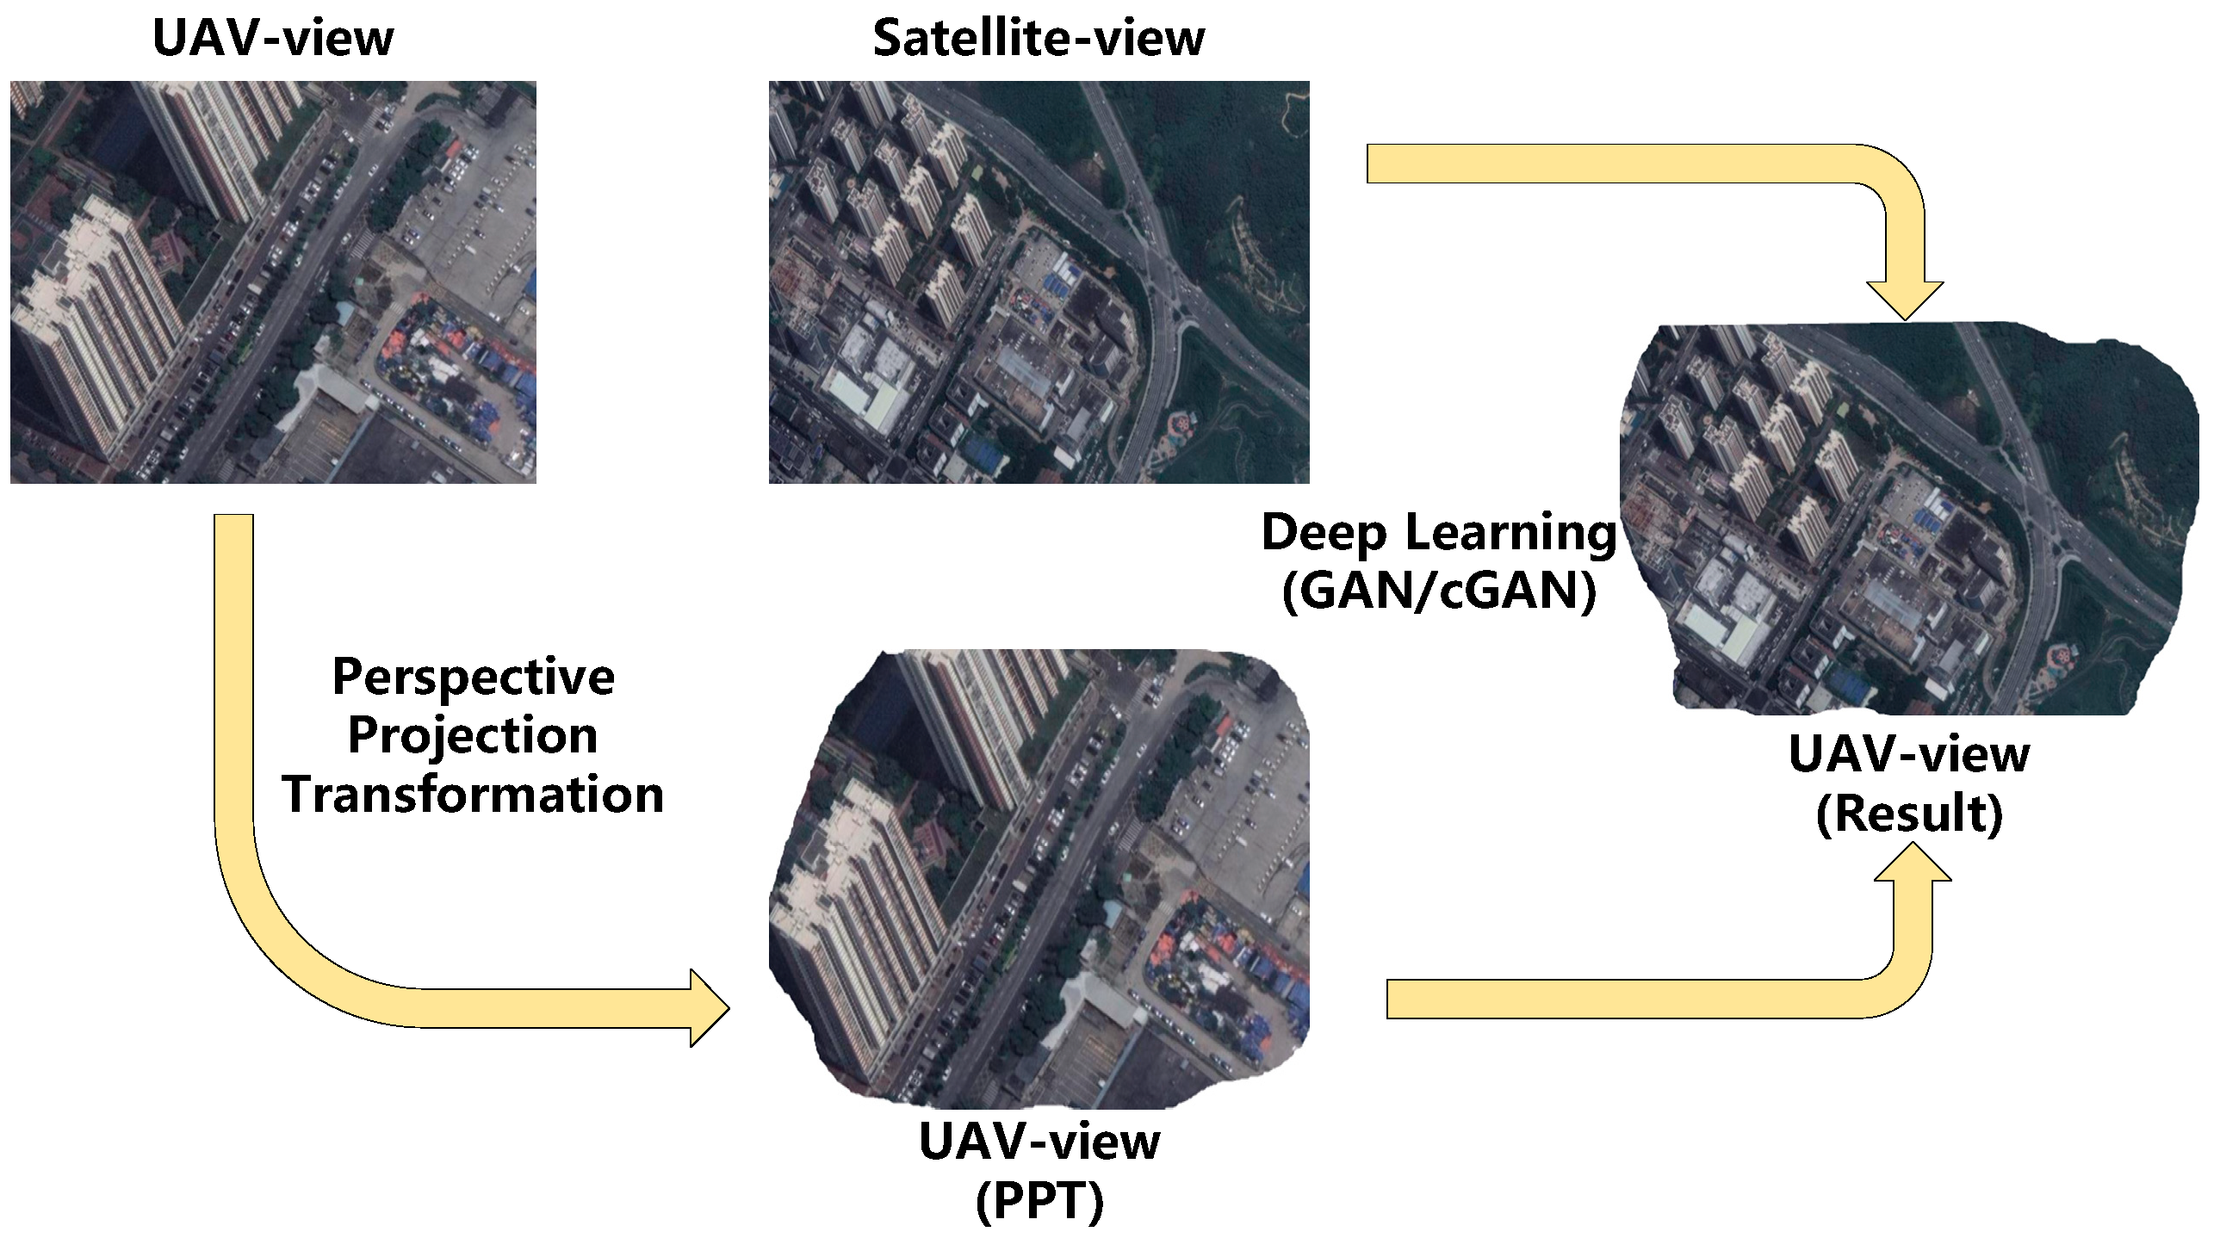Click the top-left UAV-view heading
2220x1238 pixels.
(x=272, y=39)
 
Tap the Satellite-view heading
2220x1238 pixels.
(x=1039, y=39)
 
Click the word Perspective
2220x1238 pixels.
(x=473, y=678)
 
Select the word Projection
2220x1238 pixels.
(x=473, y=736)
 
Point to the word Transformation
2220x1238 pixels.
(x=473, y=795)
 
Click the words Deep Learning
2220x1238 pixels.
(x=1438, y=532)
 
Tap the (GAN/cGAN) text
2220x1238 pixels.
(x=1438, y=591)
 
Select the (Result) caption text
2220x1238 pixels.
(x=1909, y=814)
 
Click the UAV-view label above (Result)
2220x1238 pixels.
(x=1909, y=755)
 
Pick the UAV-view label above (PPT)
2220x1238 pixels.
(x=1039, y=1142)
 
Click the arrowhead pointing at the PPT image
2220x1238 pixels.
(x=709, y=1008)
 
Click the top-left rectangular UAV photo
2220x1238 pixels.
(x=272, y=282)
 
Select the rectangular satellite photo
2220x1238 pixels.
(x=1039, y=282)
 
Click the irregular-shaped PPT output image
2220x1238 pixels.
(x=1039, y=879)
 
